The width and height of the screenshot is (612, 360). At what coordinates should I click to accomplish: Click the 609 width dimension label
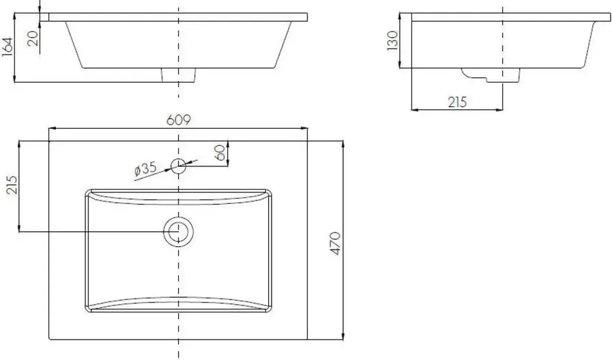point(178,120)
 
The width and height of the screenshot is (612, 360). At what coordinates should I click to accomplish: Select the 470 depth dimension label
point(335,243)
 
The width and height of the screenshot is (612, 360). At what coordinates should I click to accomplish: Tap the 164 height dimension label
point(8,47)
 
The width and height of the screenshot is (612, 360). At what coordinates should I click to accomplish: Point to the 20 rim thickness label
point(33,38)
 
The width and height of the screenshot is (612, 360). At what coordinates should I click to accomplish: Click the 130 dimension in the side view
point(392,40)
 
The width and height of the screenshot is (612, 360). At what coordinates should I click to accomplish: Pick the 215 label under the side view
point(457,102)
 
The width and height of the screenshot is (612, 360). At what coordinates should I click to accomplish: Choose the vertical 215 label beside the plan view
point(12,185)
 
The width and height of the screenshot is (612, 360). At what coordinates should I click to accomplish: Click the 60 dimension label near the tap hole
point(220,153)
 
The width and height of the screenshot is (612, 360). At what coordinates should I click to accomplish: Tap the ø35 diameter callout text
point(145,169)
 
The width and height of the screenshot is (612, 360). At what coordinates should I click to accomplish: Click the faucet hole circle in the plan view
point(178,159)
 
